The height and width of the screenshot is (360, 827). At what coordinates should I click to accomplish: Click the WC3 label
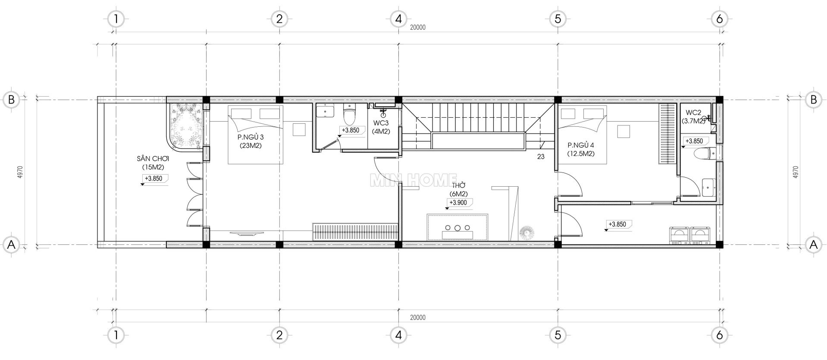[382, 127]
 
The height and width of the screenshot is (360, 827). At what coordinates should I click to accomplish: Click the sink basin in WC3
[325, 111]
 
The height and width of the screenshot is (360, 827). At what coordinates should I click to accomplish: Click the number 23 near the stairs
[541, 157]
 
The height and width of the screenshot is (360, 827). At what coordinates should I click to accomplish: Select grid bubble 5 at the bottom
[558, 335]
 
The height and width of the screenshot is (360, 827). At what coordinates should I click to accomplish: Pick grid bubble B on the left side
[12, 100]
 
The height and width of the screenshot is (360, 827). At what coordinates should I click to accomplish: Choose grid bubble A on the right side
[814, 245]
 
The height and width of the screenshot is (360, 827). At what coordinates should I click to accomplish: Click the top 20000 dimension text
[417, 27]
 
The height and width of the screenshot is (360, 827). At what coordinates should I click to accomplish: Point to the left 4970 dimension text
[20, 172]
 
